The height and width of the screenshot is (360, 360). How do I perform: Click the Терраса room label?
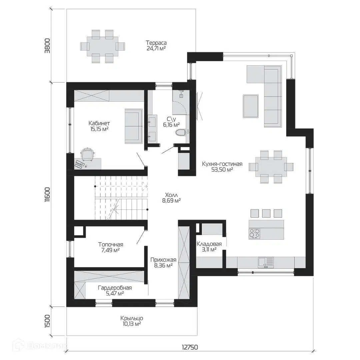point(156,43)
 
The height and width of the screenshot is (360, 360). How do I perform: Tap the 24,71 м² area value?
point(156,48)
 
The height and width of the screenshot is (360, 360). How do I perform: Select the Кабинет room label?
point(99,123)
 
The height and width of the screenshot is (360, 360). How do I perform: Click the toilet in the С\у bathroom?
point(181,132)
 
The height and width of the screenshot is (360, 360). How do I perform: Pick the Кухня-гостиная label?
point(222,164)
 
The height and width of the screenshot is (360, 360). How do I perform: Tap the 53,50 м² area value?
point(222,170)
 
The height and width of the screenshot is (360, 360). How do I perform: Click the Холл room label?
point(172,195)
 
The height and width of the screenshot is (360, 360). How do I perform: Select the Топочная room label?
point(111,245)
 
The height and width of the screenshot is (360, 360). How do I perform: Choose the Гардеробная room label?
point(115,288)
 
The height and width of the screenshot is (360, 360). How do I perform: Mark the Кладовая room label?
point(209,244)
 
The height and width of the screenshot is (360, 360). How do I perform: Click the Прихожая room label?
point(163,260)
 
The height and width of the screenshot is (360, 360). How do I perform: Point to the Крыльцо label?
point(132,318)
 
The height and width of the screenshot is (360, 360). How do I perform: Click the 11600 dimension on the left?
point(48,195)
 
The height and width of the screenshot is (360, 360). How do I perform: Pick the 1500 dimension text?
point(48,321)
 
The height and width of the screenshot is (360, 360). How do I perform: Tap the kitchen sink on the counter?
point(266,262)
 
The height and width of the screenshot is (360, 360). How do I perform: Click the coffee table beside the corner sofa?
point(251,106)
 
